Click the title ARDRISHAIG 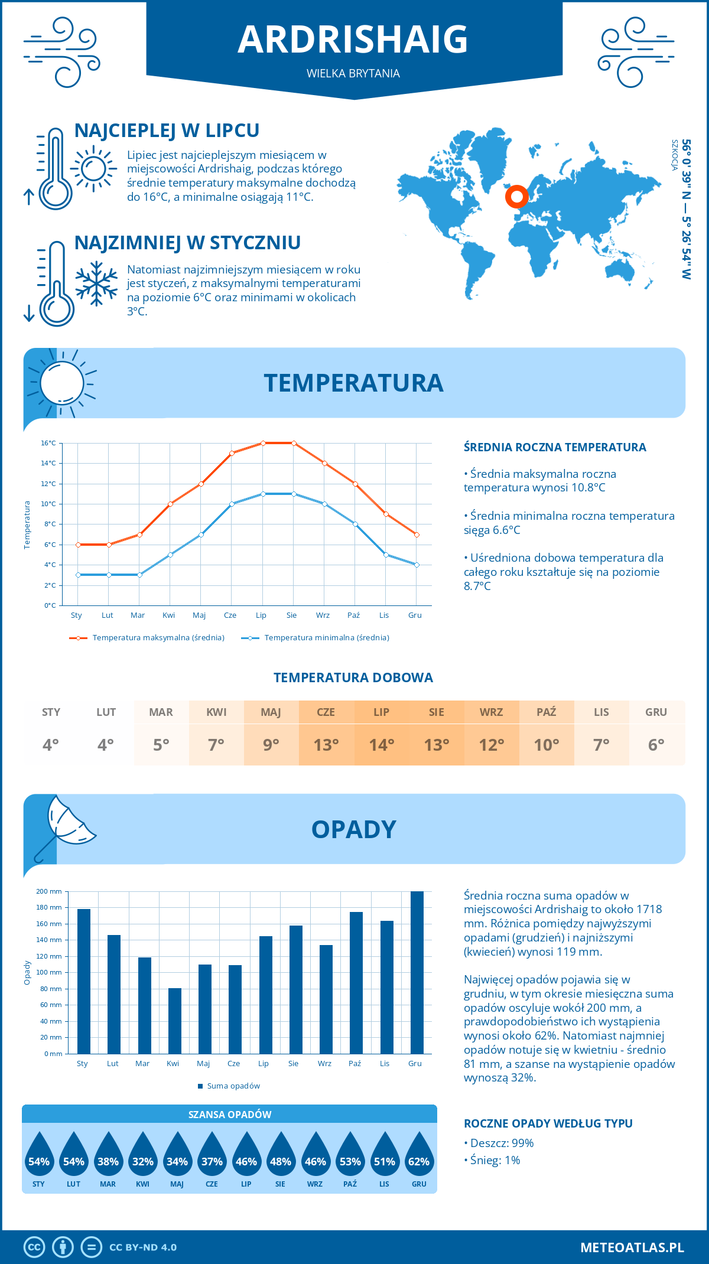pos(353,40)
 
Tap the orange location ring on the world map pos(516,197)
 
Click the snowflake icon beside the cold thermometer pos(96,284)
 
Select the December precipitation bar pos(417,972)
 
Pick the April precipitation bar pos(174,1021)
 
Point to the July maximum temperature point pos(263,443)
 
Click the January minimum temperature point pos(78,575)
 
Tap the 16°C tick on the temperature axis pos(48,443)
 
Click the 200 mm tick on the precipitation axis pos(50,891)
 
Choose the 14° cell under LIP pos(381,745)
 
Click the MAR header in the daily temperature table pos(161,712)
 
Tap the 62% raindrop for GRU pos(419,1157)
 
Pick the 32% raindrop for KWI pos(142,1157)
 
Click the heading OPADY pos(353,829)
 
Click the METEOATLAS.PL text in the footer pos(632,1247)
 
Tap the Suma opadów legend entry pos(233,1086)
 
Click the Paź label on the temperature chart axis pos(353,615)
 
